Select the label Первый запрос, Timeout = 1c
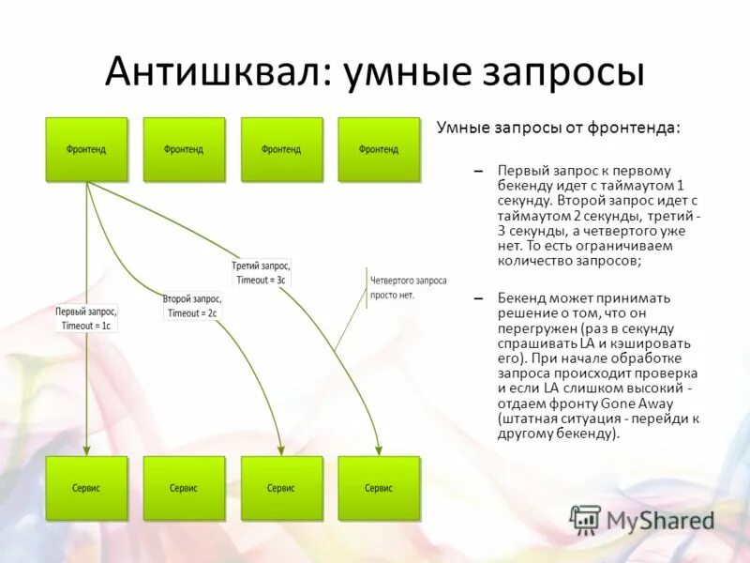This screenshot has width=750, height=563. pyautogui.click(x=86, y=318)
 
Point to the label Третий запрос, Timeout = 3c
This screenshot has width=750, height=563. pyautogui.click(x=261, y=272)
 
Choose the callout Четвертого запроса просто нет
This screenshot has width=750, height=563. pyautogui.click(x=408, y=287)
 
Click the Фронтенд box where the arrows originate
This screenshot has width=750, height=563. pyautogui.click(x=86, y=149)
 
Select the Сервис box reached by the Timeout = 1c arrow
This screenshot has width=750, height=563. pyautogui.click(x=86, y=488)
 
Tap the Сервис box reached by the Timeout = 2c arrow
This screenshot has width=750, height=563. pyautogui.click(x=281, y=488)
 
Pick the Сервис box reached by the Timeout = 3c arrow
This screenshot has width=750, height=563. pyautogui.click(x=379, y=488)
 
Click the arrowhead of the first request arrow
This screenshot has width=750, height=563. pyautogui.click(x=86, y=449)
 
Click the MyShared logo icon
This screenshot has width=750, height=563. pyautogui.click(x=585, y=520)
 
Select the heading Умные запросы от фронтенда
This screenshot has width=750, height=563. pyautogui.click(x=559, y=128)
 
